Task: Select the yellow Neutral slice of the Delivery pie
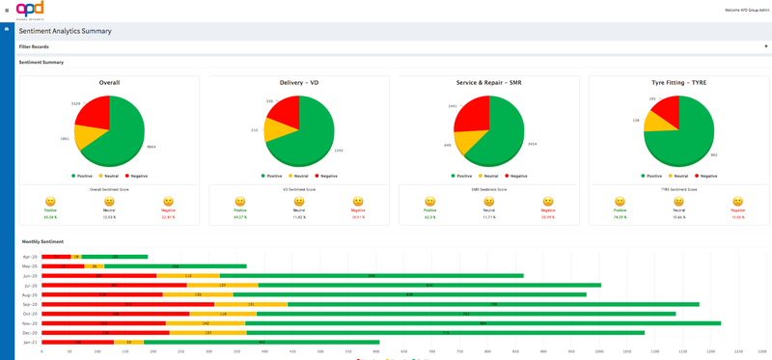(x=276, y=130)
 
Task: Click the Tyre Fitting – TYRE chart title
(x=679, y=83)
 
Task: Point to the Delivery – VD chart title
(x=299, y=83)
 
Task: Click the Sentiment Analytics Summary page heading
(x=65, y=31)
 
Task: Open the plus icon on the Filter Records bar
(x=765, y=46)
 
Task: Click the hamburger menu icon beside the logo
(x=7, y=10)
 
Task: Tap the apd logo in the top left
(x=30, y=10)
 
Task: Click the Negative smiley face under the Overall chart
(x=169, y=202)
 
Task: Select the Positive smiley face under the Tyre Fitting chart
(x=620, y=202)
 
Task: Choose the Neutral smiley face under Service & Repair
(x=489, y=202)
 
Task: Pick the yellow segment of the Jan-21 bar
(x=128, y=342)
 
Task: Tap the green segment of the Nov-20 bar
(x=482, y=323)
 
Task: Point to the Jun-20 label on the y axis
(x=30, y=276)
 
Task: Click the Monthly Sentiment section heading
(x=42, y=241)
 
